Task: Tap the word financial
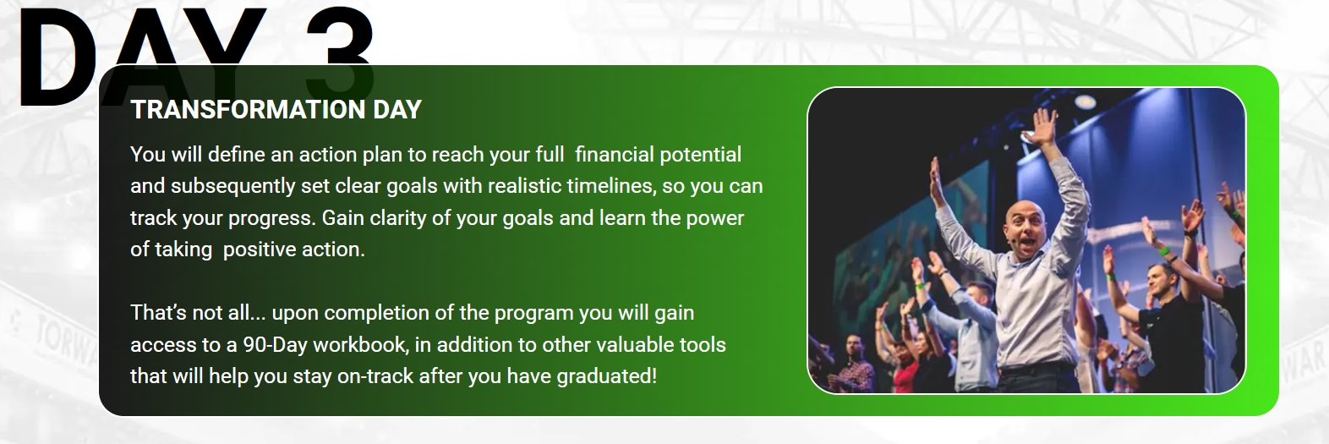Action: pos(614,154)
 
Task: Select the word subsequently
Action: pos(232,186)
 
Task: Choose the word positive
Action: pos(259,249)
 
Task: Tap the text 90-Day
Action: pos(275,345)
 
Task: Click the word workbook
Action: pos(361,345)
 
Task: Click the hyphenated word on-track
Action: pos(375,376)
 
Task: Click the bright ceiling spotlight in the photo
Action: pos(1086,101)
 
